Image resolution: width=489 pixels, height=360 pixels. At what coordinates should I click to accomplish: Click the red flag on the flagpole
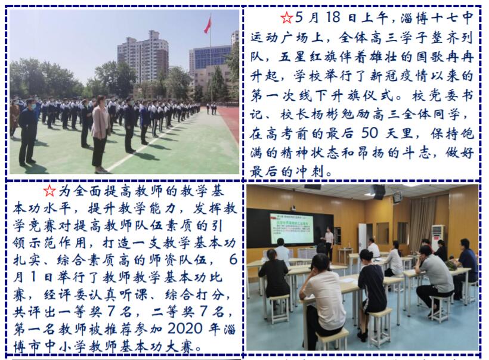208,25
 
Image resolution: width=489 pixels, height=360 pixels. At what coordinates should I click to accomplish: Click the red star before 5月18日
286,17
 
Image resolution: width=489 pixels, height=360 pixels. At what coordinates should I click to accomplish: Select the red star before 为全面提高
49,191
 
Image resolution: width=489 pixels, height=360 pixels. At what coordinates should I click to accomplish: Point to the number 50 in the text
370,133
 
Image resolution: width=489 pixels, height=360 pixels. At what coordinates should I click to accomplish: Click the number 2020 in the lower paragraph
185,328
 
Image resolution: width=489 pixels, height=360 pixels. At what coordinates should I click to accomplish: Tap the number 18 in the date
333,17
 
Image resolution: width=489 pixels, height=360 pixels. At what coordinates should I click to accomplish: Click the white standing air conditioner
438,237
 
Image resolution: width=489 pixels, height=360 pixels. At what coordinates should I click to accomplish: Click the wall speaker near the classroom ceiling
379,192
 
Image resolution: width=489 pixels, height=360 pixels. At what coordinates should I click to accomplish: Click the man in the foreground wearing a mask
28,132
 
